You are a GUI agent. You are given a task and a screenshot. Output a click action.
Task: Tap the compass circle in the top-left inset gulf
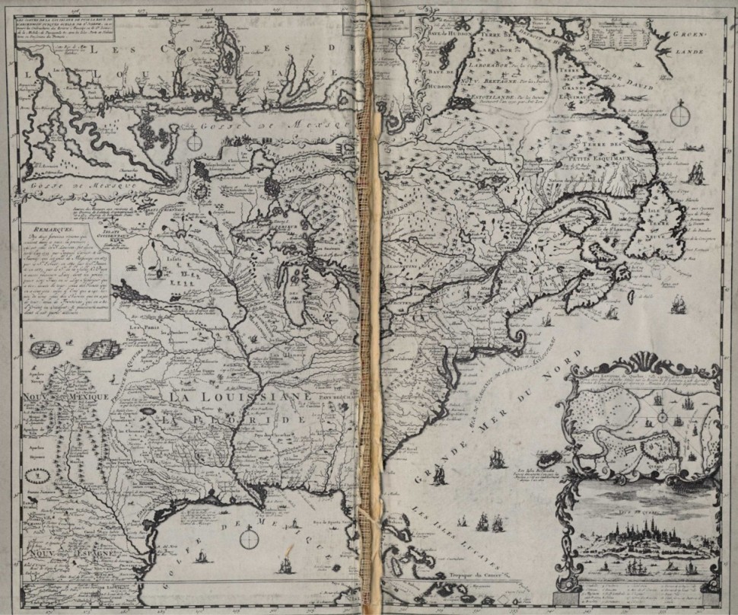tap(195, 142)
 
